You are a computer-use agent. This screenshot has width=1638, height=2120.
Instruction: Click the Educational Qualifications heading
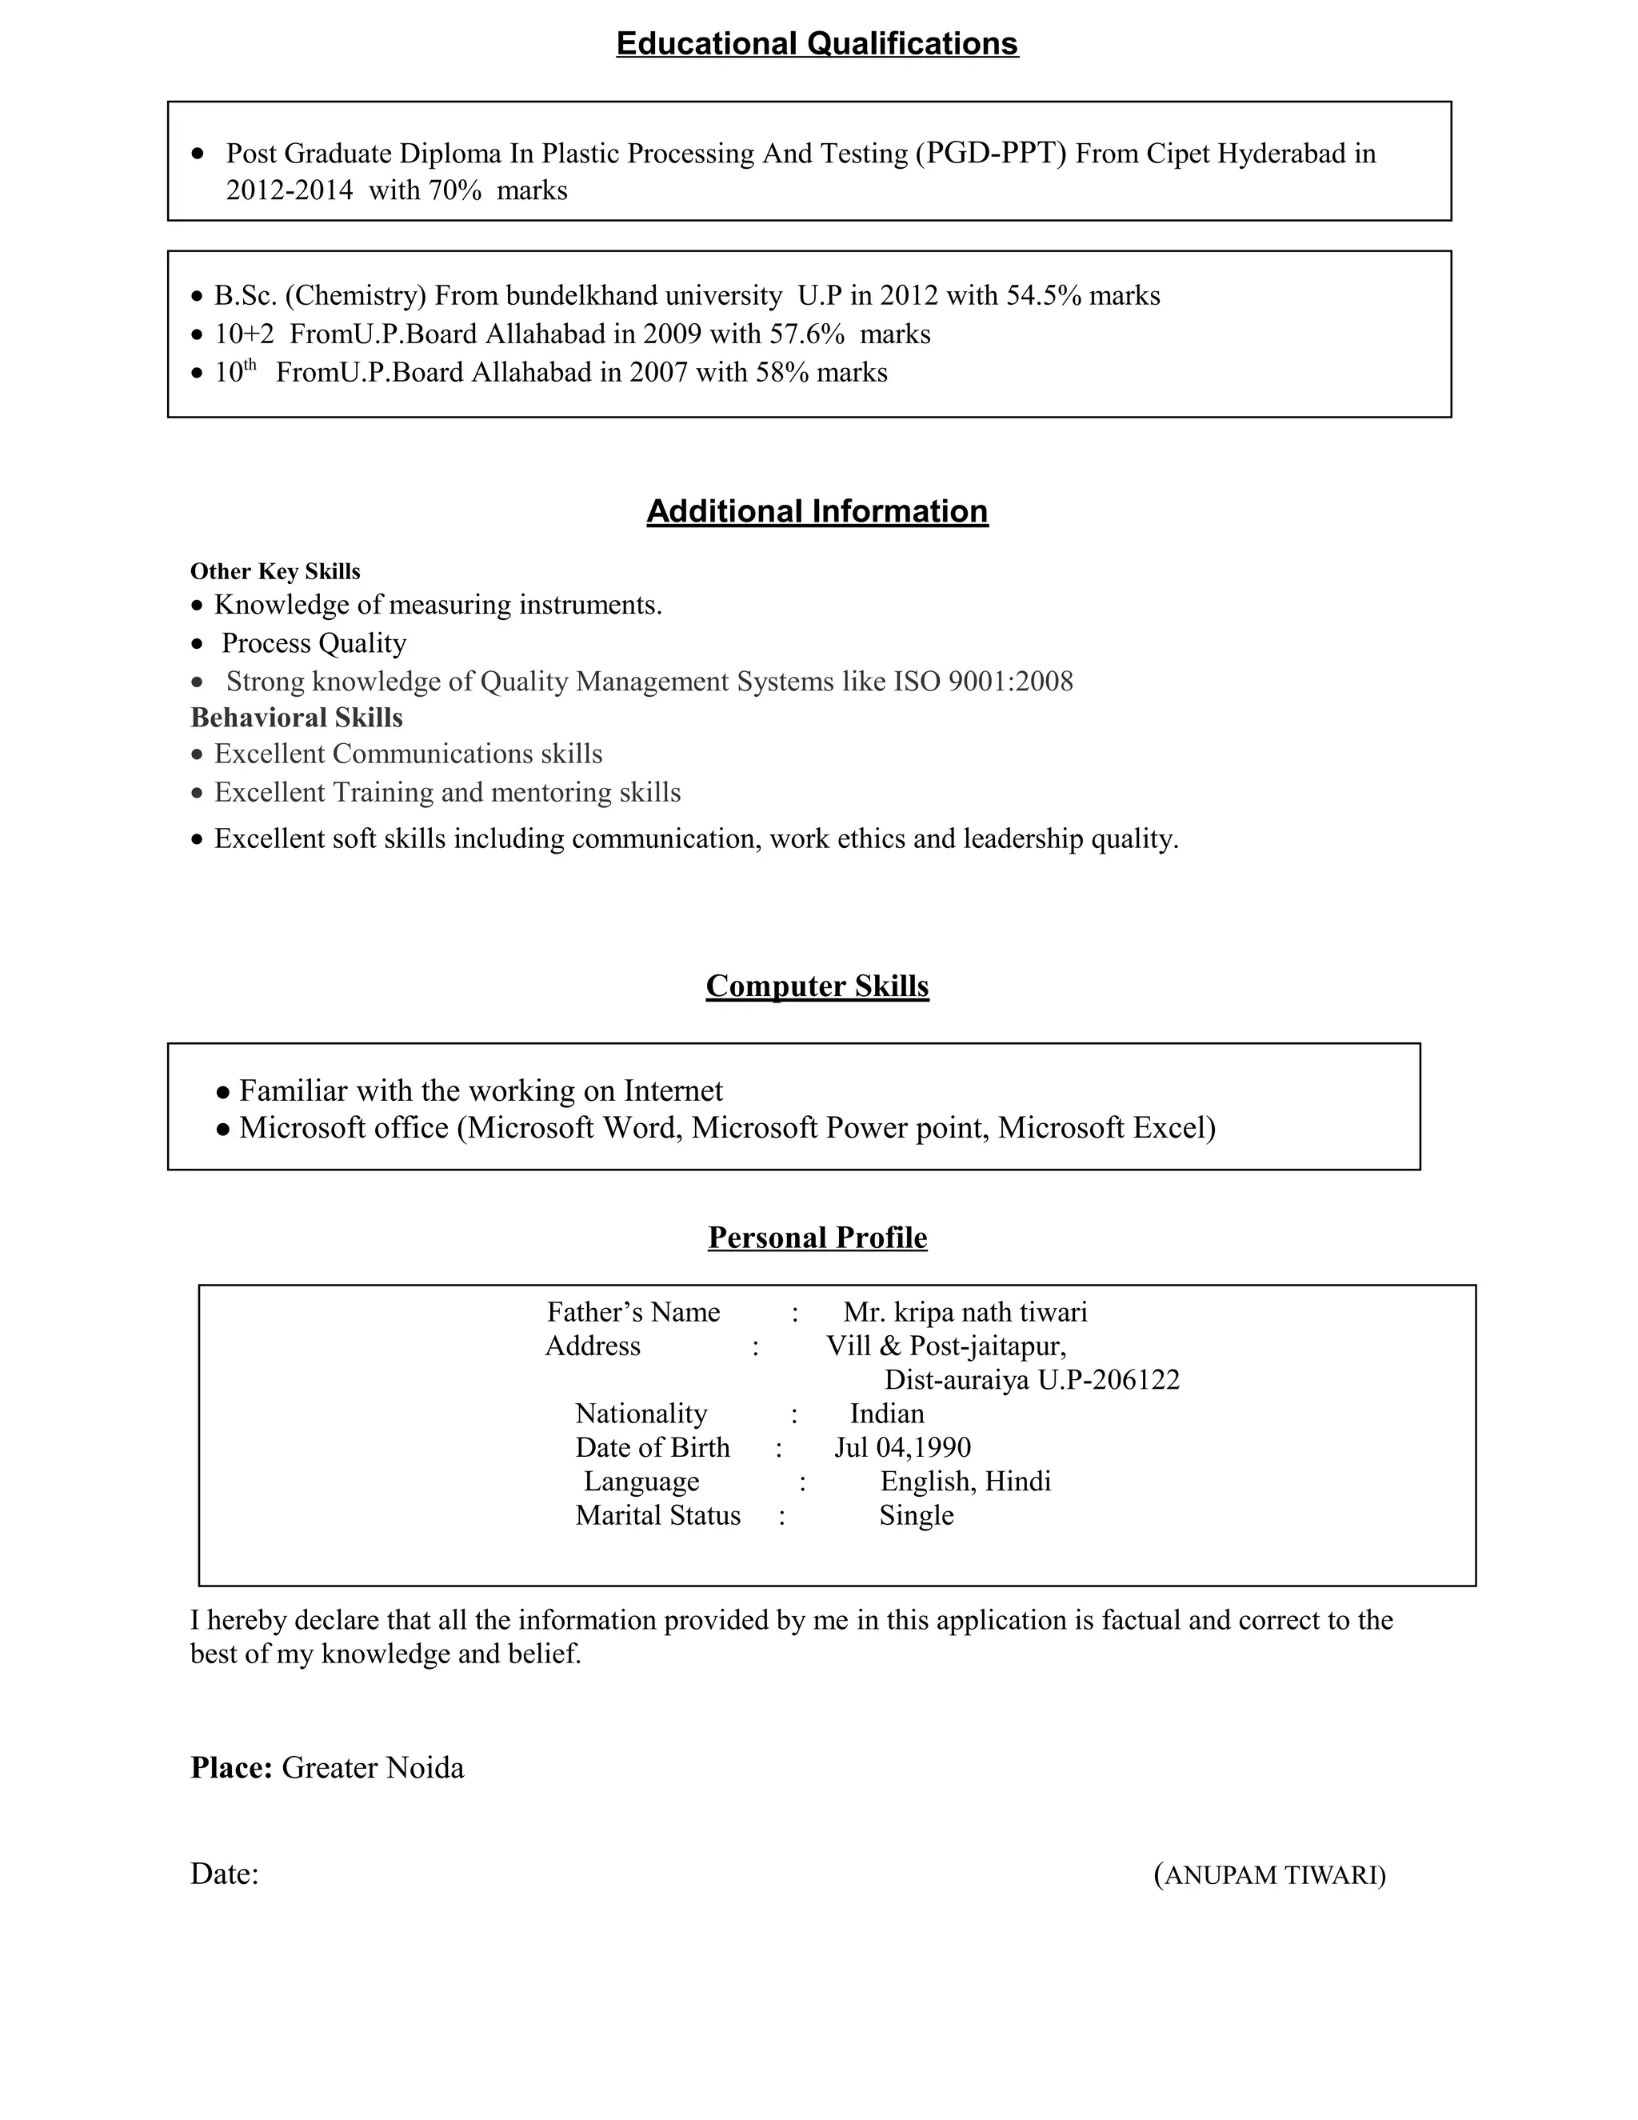point(817,44)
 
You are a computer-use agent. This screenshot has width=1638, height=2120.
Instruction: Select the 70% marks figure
point(455,190)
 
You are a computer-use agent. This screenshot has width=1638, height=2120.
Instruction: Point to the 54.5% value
point(1043,295)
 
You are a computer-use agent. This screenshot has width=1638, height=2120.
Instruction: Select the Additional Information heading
point(817,511)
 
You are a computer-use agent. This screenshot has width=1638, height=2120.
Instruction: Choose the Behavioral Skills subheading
point(296,718)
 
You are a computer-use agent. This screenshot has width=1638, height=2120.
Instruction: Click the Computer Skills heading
point(817,986)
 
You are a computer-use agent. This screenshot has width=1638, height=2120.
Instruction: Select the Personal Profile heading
point(817,1237)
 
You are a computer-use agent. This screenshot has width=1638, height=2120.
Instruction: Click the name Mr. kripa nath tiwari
point(965,1312)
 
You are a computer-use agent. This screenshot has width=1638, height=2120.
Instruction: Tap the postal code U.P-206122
point(1109,1379)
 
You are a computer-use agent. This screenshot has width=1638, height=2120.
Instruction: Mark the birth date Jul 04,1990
point(902,1447)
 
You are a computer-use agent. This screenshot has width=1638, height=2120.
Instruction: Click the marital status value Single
point(916,1515)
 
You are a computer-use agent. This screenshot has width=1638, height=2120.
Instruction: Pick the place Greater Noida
point(373,1768)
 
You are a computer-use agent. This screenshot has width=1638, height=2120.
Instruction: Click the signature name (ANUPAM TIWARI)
point(1270,1874)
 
